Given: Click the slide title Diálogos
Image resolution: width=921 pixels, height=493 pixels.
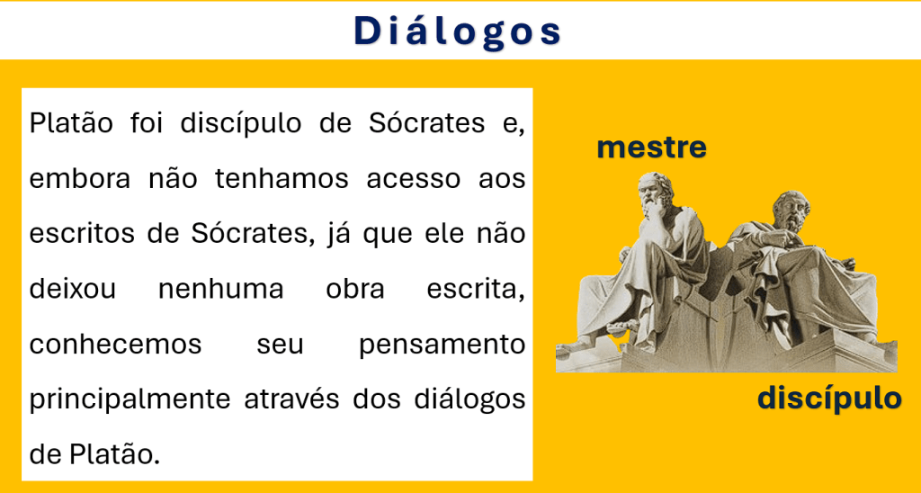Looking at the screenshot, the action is [458, 31].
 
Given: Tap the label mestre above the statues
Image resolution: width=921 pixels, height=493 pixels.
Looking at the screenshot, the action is [651, 148].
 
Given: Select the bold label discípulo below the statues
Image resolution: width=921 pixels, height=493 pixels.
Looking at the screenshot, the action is [829, 399].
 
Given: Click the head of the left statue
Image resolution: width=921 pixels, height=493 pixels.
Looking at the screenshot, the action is [655, 192].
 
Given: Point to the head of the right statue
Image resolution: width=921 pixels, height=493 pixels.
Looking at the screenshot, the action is [791, 211].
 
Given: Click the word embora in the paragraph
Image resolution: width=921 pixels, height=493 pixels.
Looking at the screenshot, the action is [80, 179].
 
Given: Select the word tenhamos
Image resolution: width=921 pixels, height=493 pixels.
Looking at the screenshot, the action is [282, 179].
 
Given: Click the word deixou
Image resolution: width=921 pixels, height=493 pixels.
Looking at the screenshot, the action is [73, 289].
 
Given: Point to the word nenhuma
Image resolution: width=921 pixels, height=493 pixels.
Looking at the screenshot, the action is [221, 289].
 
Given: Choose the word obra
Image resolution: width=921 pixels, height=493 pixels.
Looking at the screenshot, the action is [355, 289].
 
